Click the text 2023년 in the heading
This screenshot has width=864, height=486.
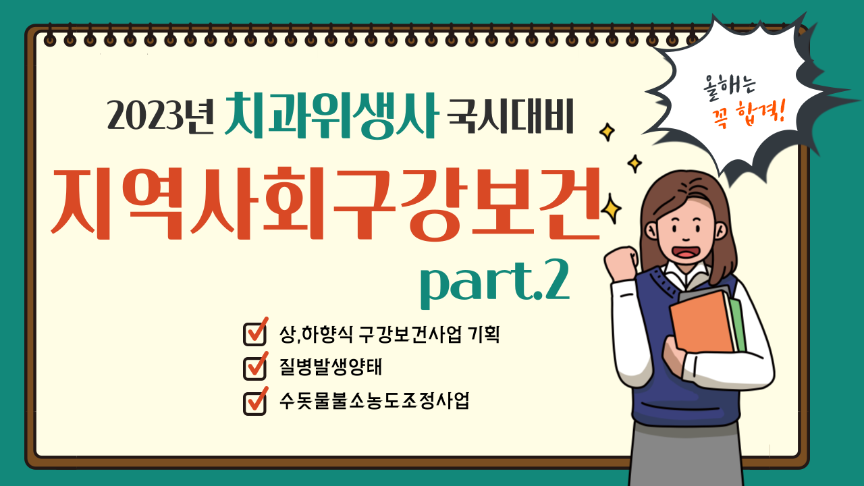(x=161, y=115)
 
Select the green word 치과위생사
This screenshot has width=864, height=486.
(x=331, y=115)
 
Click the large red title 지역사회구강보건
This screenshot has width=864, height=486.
(x=326, y=203)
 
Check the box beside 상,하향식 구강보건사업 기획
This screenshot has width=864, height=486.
(x=255, y=332)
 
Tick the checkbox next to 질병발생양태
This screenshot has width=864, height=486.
(x=255, y=367)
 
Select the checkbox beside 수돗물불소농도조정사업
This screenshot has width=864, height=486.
(x=255, y=402)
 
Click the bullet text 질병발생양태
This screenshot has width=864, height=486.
(x=331, y=367)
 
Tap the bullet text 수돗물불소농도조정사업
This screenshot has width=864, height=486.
(x=374, y=401)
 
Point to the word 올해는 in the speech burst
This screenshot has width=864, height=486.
(x=729, y=88)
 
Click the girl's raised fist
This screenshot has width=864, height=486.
(x=621, y=263)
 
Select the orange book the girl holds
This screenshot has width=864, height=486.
(x=703, y=322)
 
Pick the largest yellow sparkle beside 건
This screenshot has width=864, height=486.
(x=611, y=209)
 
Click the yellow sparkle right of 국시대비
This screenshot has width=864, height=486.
(x=607, y=132)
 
